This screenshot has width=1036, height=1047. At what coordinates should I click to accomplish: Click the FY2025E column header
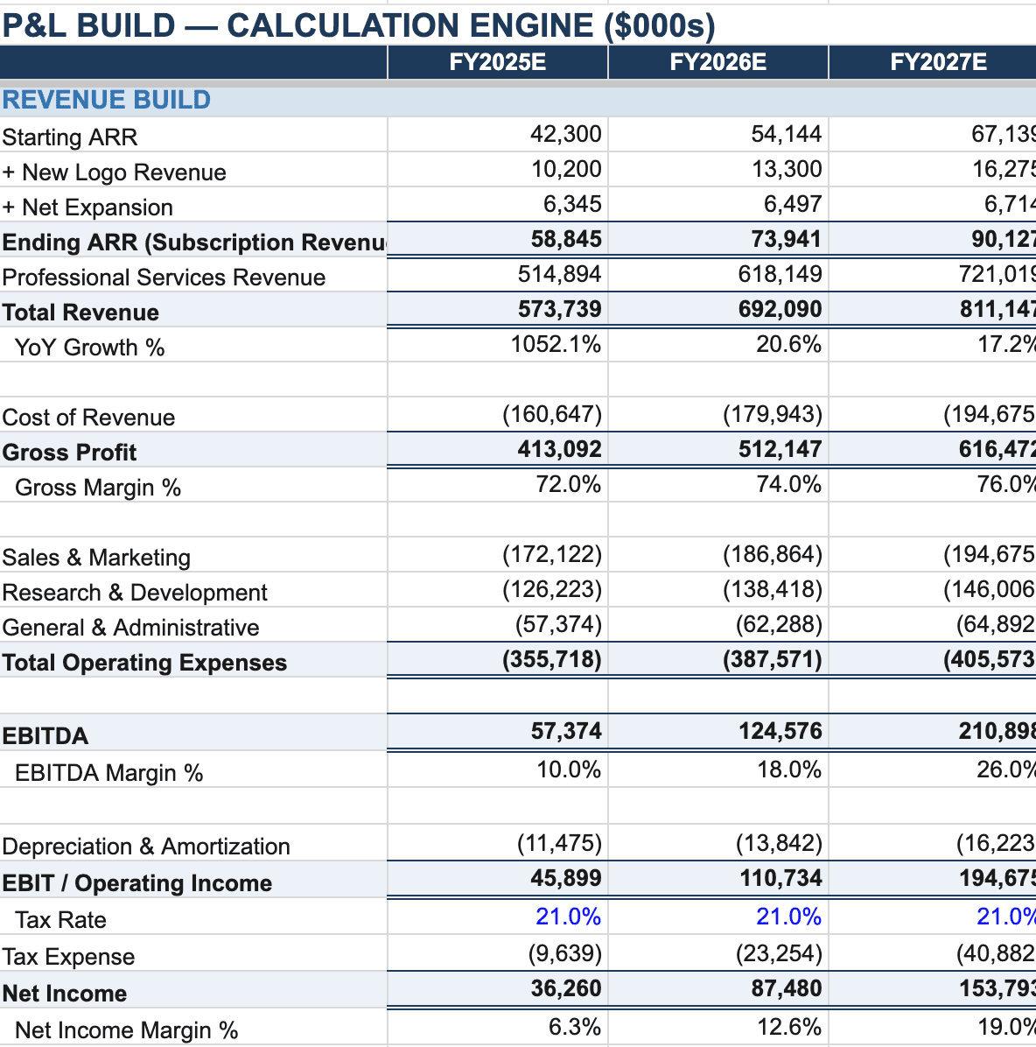coord(497,62)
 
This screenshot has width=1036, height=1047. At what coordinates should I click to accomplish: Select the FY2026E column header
coord(717,62)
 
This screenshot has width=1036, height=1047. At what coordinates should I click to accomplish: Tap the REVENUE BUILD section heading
coord(107,100)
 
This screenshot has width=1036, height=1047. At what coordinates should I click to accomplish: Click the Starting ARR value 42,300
coord(565,134)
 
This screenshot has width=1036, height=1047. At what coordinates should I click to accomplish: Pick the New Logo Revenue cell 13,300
coord(786,169)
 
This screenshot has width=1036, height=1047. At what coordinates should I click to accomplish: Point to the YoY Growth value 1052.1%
coord(556,344)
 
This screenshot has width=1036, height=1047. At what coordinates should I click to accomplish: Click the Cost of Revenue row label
coord(88,418)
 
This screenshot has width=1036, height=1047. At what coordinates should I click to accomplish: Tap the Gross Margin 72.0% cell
coord(568,484)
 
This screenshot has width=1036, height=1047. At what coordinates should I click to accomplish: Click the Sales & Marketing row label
coord(96,558)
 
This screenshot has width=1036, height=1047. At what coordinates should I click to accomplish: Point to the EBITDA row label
coord(45,736)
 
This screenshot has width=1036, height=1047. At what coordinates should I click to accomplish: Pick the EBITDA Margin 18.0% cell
coord(788,769)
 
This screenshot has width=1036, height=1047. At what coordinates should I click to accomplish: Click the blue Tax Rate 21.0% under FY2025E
coord(568,917)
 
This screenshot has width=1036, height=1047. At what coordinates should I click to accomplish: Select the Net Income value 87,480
coord(786,988)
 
